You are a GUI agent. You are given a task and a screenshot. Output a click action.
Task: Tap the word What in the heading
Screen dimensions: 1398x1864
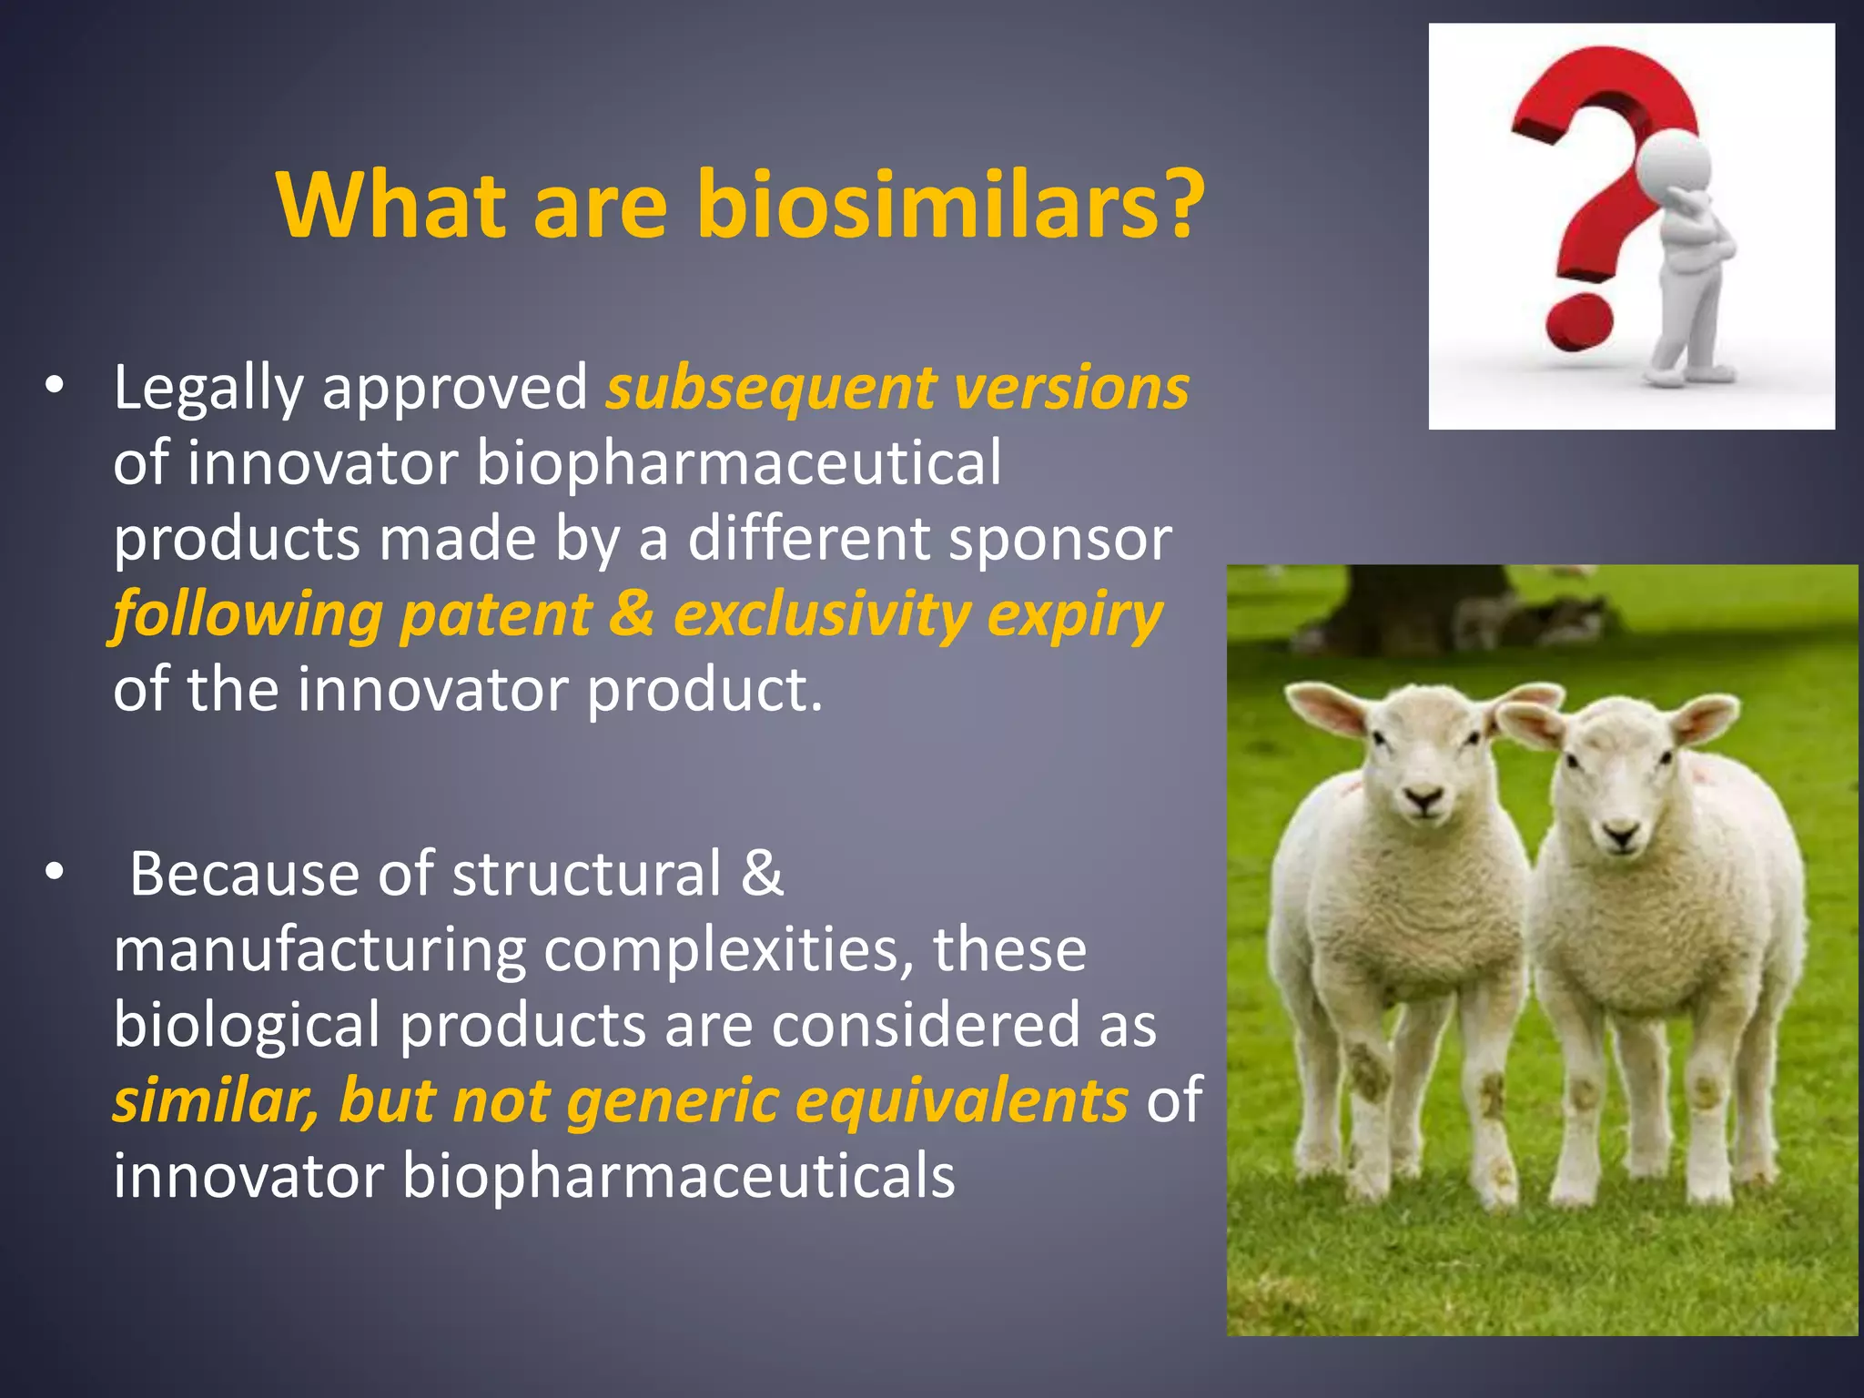click(x=391, y=206)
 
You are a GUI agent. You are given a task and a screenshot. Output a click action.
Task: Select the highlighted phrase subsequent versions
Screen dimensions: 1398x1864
click(x=897, y=389)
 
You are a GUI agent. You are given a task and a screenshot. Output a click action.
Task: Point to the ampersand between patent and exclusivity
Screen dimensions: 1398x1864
click(x=632, y=613)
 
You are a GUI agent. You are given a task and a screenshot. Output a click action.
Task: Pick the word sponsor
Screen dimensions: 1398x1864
click(x=1059, y=540)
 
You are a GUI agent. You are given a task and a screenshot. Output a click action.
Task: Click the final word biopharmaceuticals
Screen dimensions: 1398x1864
click(x=678, y=1176)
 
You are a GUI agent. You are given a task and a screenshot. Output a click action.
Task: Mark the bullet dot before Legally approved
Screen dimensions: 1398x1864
click(x=55, y=387)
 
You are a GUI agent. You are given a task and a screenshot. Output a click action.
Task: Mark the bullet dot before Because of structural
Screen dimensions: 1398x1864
click(x=55, y=873)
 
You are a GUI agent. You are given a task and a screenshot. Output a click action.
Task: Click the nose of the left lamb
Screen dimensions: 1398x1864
click(x=1422, y=801)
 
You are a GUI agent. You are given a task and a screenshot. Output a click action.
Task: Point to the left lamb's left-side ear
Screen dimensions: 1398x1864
click(x=1325, y=709)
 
